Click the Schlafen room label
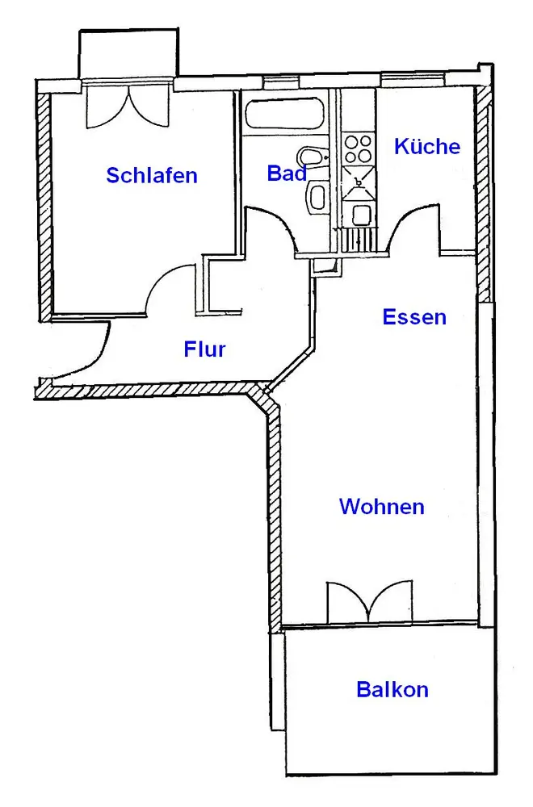point(152,175)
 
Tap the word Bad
point(286,174)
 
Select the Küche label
point(427,146)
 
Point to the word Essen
point(414,317)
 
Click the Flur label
point(204,349)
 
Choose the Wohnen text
point(382,507)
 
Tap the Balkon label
point(392,690)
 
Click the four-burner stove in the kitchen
point(359,148)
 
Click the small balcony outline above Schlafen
point(128,54)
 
